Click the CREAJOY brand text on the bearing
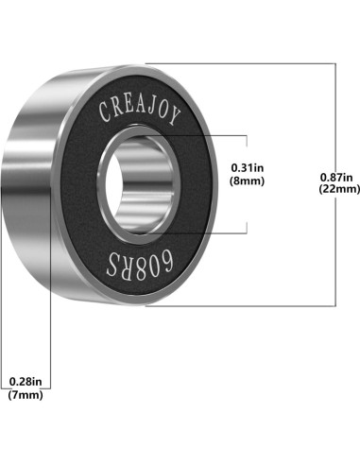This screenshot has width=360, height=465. click(x=140, y=112)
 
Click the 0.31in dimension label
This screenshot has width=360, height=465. click(x=248, y=168)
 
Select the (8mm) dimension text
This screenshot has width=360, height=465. click(x=248, y=181)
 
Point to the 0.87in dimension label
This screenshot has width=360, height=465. click(x=336, y=178)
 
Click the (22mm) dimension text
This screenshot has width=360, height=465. click(x=339, y=189)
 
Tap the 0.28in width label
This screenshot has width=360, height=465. click(x=26, y=382)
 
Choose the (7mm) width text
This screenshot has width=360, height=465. click(x=26, y=395)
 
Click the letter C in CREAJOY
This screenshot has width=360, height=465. click(x=104, y=112)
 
